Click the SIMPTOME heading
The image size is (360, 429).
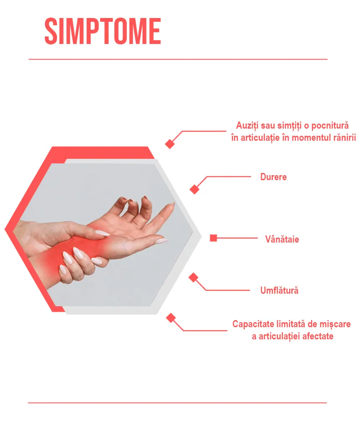(x=103, y=31)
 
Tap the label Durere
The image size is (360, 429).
(x=273, y=177)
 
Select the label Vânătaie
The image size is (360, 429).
(x=282, y=239)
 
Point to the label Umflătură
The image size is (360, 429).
(x=279, y=290)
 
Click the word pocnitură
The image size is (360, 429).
(x=330, y=126)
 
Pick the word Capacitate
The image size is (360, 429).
(x=253, y=324)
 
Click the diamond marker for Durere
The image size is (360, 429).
(x=194, y=189)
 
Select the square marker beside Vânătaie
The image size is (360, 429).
(x=213, y=238)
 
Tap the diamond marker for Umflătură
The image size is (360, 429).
(x=193, y=277)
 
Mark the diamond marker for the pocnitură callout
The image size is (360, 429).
(x=170, y=144)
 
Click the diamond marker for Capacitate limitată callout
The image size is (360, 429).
(x=171, y=318)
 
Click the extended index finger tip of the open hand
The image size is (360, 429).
(x=173, y=204)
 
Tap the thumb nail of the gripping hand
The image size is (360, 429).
(x=102, y=233)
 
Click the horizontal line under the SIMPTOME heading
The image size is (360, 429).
(x=178, y=59)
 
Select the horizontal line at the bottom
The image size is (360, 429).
(x=177, y=403)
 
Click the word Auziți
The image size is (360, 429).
(x=247, y=126)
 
